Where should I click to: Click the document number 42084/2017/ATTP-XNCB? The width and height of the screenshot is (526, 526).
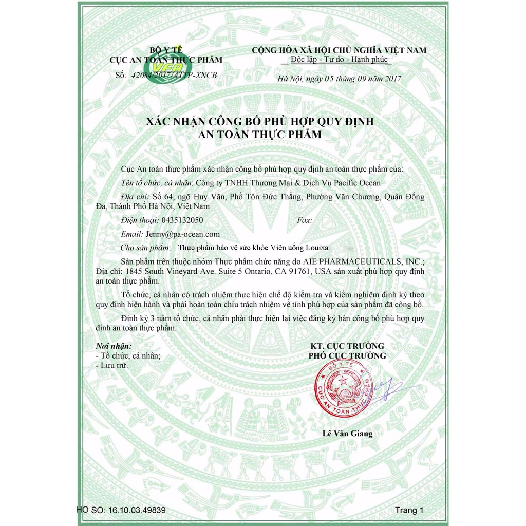tap(174, 75)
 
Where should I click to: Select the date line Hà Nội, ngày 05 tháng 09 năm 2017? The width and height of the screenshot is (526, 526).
tap(340, 79)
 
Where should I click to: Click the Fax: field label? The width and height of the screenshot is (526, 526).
tap(305, 220)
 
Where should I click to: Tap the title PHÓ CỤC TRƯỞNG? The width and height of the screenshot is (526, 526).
tap(347, 355)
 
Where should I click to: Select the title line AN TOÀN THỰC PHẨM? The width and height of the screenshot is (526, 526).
tap(260, 135)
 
